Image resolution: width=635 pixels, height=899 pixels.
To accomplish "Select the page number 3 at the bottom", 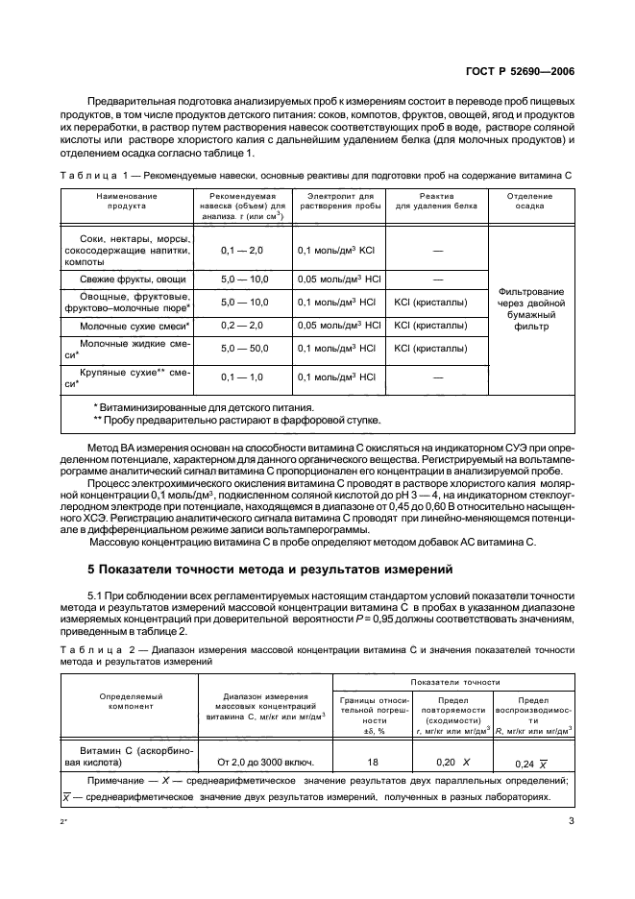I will coord(571,819).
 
